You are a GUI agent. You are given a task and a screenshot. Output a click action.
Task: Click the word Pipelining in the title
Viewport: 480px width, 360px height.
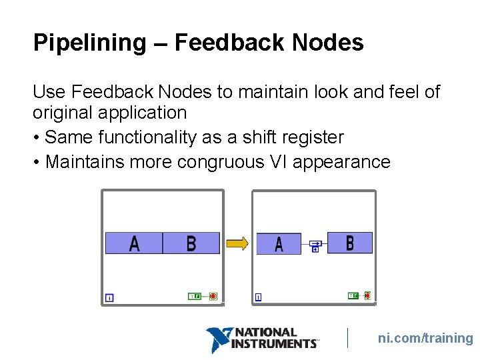coord(89,43)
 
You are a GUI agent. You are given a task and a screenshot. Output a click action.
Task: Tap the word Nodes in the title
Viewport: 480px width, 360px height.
coord(327,43)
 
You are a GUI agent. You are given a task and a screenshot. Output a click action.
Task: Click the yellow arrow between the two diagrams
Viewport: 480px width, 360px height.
coord(237,243)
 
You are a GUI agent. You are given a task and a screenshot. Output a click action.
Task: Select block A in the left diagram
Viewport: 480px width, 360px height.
coord(134,243)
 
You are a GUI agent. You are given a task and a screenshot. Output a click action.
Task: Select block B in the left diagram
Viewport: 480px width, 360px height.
coord(191,243)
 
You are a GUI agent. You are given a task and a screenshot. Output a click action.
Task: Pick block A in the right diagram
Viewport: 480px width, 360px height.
coord(279,243)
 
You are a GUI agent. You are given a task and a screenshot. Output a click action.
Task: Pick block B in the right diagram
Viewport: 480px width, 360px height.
coord(350,243)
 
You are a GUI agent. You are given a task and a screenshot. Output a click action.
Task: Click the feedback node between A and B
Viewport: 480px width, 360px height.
coord(315,245)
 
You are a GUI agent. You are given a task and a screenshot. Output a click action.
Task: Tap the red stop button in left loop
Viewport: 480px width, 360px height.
coord(213,296)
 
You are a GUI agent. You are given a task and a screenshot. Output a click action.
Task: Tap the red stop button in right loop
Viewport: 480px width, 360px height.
coord(367,295)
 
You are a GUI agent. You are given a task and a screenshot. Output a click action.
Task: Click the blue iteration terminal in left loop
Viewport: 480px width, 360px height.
coord(109,297)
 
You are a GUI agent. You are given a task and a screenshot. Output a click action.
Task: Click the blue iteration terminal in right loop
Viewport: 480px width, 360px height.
coord(258,297)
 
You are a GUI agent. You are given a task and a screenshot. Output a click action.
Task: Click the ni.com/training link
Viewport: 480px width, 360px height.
coord(425,338)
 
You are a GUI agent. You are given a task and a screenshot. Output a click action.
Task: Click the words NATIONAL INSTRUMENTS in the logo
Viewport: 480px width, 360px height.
coord(273,338)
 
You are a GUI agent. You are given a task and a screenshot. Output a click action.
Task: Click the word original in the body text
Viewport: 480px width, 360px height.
coord(64,112)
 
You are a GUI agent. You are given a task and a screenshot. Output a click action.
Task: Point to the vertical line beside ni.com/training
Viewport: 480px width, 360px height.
coord(348,338)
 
